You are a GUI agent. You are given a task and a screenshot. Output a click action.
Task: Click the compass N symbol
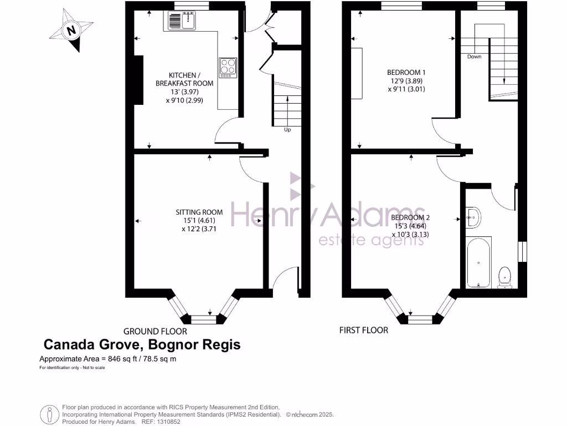click(x=71, y=31)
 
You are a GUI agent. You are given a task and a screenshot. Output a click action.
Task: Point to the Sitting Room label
click(x=199, y=212)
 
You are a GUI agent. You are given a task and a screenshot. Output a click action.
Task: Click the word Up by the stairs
click(x=287, y=130)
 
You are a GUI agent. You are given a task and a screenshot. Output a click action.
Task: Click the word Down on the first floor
click(x=474, y=57)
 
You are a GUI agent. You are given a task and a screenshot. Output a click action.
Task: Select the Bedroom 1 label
click(x=406, y=72)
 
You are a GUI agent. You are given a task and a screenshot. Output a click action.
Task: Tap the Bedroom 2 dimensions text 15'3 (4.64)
click(x=411, y=226)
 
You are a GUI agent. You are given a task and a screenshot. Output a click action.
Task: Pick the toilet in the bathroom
click(x=504, y=277)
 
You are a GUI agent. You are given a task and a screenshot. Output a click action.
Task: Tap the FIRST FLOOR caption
click(x=363, y=330)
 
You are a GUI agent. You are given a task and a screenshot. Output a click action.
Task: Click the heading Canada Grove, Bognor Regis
click(x=142, y=345)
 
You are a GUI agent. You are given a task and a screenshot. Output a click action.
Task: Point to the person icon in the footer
click(x=50, y=414)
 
